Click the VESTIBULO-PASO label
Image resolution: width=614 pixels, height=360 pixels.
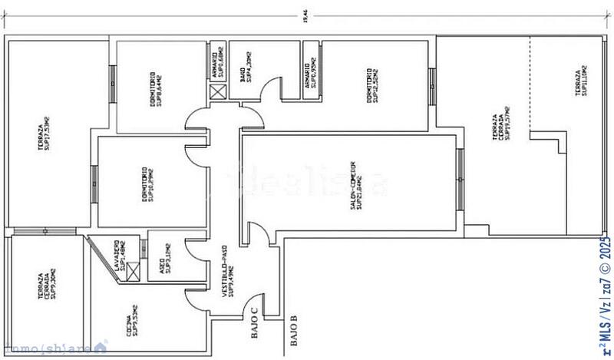click(x=228, y=283)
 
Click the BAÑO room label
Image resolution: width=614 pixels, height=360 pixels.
click(x=245, y=83)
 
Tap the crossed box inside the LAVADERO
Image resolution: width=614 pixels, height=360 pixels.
click(x=134, y=272)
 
